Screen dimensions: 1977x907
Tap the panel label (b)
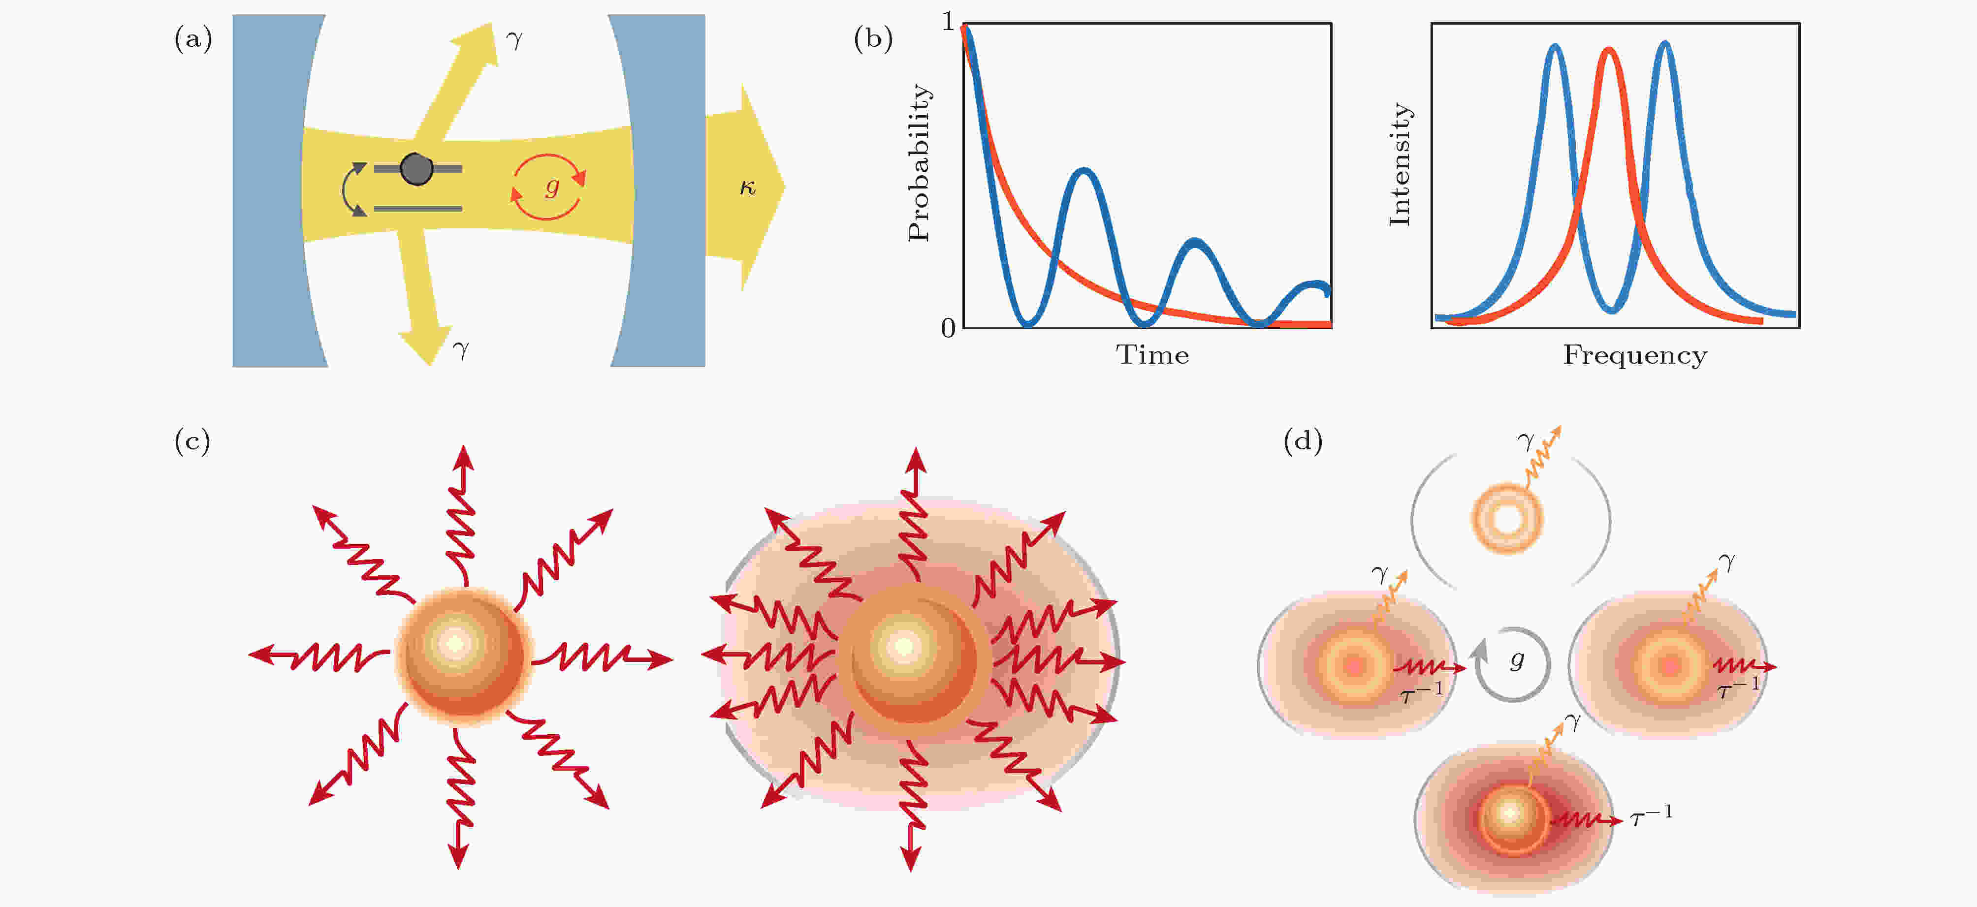pyautogui.click(x=873, y=38)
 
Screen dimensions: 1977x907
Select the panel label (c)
pyautogui.click(x=192, y=441)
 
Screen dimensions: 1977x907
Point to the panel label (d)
pyautogui.click(x=1303, y=441)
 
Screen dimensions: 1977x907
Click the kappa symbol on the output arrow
pyautogui.click(x=747, y=188)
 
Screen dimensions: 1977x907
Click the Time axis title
pyautogui.click(x=1152, y=355)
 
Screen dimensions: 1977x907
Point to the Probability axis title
pyautogui.click(x=919, y=163)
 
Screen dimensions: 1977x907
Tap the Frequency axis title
pyautogui.click(x=1635, y=356)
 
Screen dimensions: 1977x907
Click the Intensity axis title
pyautogui.click(x=1400, y=164)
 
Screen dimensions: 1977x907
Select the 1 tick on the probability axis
pyautogui.click(x=949, y=22)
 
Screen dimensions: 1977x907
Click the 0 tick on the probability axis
pyautogui.click(x=949, y=328)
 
